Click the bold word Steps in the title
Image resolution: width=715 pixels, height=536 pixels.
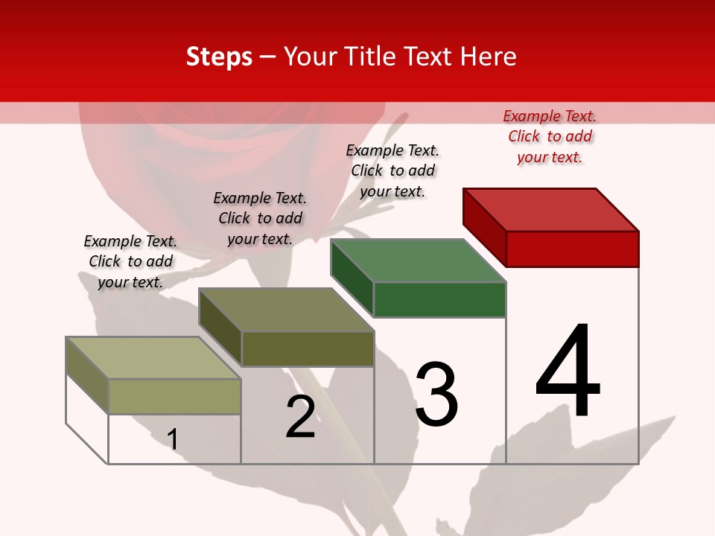click(x=218, y=57)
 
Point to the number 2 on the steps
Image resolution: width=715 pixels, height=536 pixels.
click(x=300, y=417)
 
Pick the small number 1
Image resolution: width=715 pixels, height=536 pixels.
click(x=172, y=439)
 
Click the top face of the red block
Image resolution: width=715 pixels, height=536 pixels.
click(x=551, y=209)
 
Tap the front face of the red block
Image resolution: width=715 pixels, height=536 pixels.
click(x=572, y=249)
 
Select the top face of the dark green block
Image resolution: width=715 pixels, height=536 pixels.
click(x=418, y=261)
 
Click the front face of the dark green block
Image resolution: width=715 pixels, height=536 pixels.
click(x=439, y=299)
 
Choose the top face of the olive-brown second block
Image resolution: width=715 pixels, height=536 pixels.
click(x=286, y=310)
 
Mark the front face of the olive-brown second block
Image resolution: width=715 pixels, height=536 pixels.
click(x=308, y=348)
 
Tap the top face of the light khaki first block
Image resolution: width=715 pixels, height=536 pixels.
click(x=153, y=358)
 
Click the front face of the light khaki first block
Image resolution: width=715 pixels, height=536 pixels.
click(x=174, y=396)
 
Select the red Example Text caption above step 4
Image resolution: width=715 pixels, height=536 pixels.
click(x=550, y=136)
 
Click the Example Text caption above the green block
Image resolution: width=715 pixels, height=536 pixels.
click(x=393, y=170)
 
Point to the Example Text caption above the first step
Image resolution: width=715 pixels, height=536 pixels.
click(x=130, y=261)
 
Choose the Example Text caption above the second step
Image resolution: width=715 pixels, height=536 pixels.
click(x=260, y=218)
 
